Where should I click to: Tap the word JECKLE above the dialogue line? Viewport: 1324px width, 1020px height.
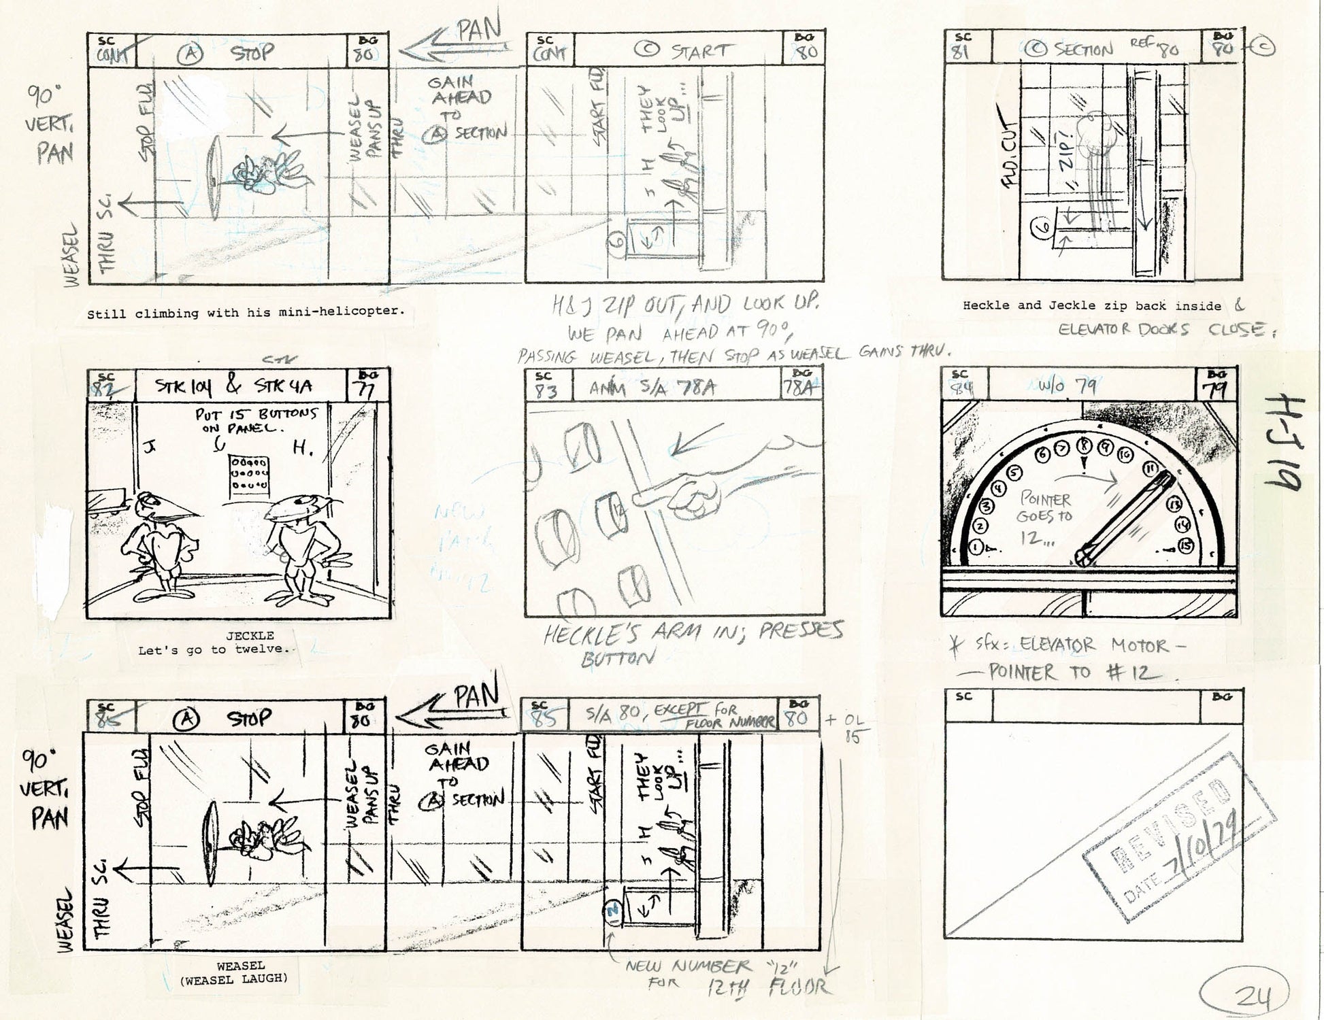(250, 636)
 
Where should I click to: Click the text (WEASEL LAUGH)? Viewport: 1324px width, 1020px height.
(234, 979)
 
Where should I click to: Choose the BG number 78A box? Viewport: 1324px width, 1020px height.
(800, 386)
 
